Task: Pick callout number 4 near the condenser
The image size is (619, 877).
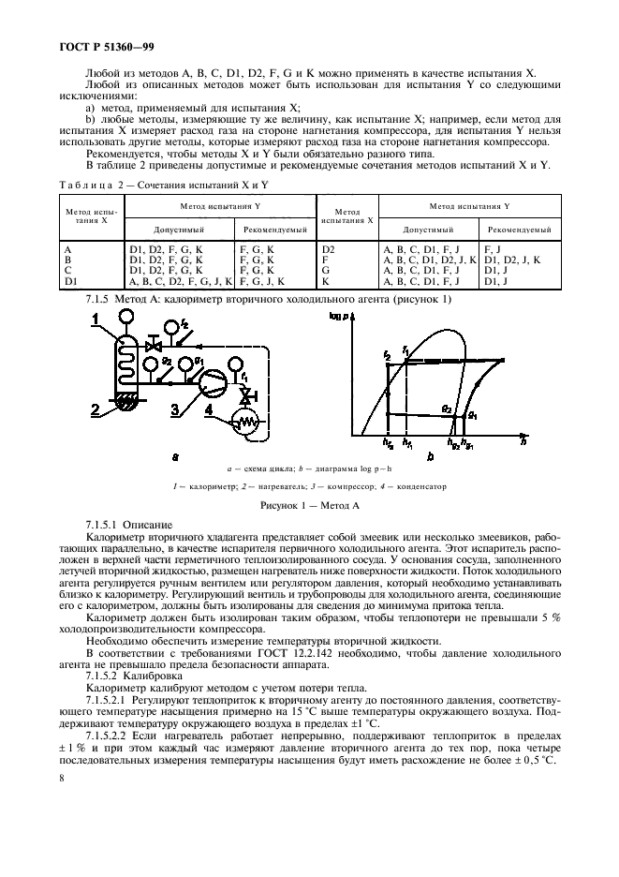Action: click(212, 409)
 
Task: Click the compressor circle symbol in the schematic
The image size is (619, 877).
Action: click(214, 379)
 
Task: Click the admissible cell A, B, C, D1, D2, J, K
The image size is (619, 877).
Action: click(431, 260)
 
